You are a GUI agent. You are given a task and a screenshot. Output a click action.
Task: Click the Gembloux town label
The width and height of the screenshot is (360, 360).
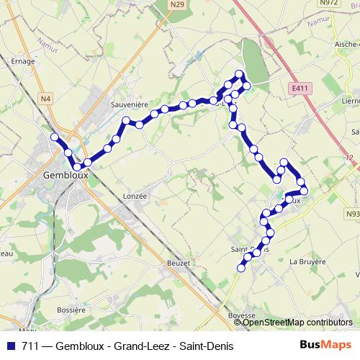point(66,174)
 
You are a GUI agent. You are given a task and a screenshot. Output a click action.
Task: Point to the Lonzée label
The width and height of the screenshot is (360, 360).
point(135,195)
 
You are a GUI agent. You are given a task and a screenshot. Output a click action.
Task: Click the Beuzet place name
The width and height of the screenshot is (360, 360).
point(178,264)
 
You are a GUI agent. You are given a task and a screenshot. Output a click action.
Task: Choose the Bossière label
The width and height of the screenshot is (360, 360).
point(71,310)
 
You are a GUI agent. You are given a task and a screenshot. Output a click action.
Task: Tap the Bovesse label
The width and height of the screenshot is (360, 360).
point(242,315)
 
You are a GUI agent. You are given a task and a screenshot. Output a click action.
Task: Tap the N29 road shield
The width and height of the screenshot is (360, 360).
point(178,4)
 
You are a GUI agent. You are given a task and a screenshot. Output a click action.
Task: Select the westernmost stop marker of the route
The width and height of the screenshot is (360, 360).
point(54,137)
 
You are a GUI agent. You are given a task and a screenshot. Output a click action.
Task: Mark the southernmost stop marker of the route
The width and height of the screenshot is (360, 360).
point(241,268)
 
